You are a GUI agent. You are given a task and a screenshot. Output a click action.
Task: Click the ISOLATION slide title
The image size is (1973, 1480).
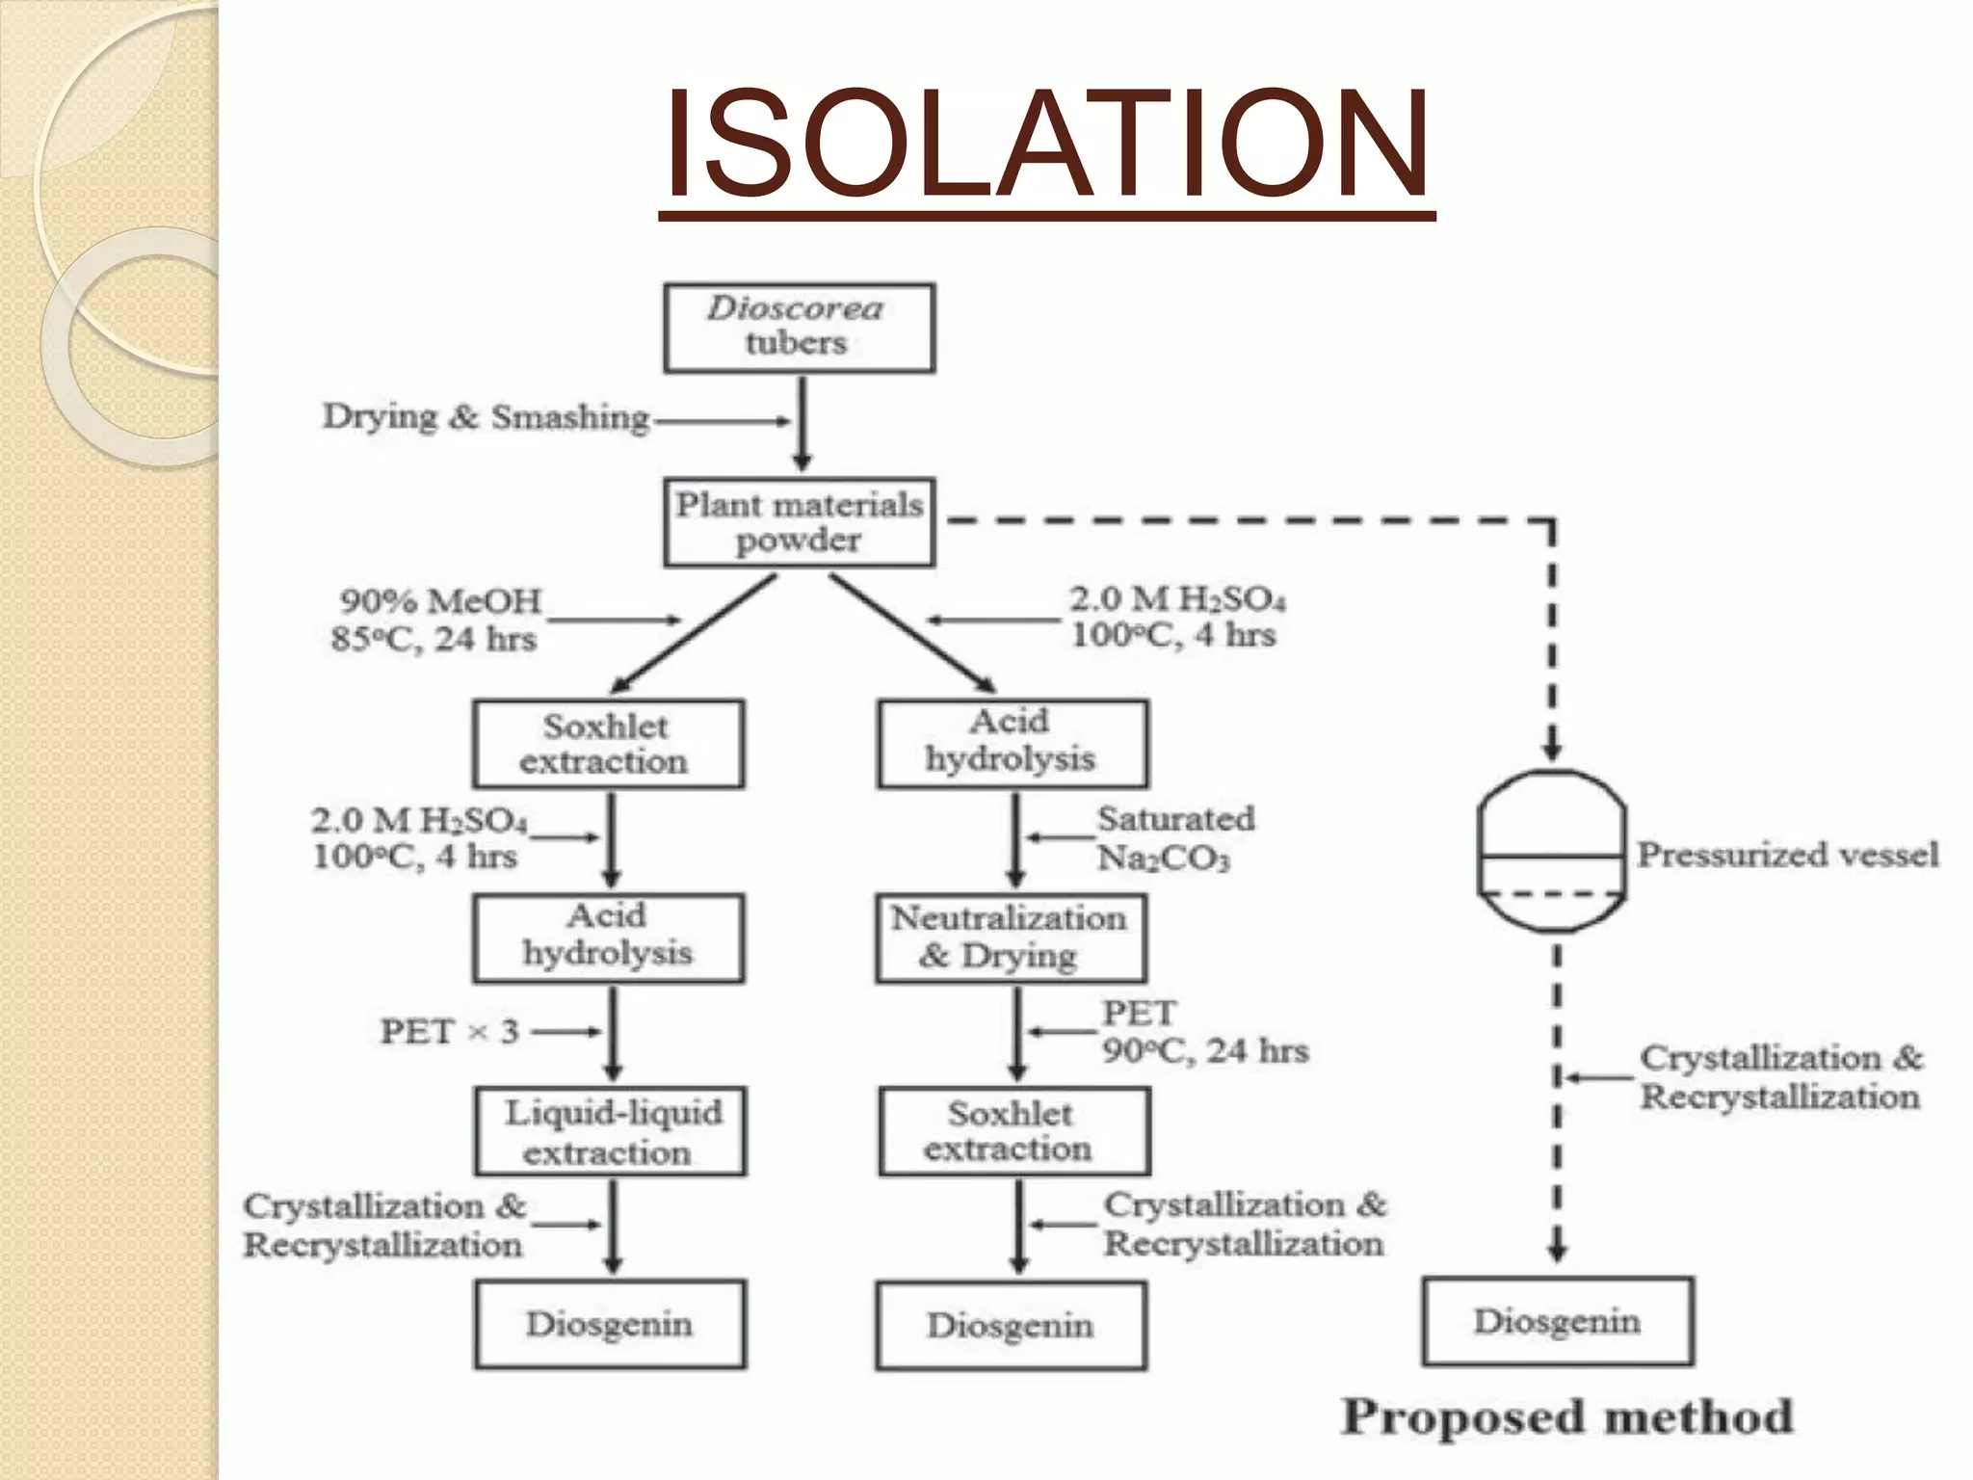[1046, 145]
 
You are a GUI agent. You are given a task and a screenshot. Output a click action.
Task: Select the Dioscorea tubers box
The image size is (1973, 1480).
[799, 328]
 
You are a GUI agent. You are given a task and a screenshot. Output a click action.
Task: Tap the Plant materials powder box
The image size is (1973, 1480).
[799, 521]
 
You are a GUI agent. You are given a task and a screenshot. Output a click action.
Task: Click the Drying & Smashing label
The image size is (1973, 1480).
[487, 417]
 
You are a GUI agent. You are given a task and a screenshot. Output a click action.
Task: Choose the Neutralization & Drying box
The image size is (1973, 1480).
[1011, 938]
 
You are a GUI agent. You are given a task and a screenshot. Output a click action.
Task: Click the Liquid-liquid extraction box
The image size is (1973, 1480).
[610, 1131]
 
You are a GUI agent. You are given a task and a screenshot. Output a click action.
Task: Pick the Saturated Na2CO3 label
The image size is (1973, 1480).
[1175, 837]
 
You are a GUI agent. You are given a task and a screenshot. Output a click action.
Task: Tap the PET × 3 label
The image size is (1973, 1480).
[450, 1032]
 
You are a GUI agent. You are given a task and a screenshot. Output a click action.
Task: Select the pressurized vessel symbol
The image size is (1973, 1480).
[1551, 851]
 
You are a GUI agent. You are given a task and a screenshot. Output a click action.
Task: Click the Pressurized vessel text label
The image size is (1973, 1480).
[1788, 854]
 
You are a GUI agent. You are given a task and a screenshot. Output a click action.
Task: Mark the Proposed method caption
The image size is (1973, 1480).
[1567, 1416]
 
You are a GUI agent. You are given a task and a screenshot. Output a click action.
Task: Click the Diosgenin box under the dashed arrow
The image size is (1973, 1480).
[1557, 1321]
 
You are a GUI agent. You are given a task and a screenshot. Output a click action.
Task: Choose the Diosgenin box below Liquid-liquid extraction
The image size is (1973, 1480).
[610, 1324]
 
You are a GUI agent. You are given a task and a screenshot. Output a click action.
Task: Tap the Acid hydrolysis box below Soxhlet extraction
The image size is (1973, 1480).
[608, 938]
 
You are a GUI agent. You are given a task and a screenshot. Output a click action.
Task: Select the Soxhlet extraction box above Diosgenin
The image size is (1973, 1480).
[1013, 1131]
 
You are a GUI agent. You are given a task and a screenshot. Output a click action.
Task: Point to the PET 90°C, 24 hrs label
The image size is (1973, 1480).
[1204, 1032]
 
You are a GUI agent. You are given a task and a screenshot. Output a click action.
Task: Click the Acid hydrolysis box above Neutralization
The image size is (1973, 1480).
[1013, 743]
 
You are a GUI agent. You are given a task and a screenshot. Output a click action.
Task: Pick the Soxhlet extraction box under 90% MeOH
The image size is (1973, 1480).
[608, 744]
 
